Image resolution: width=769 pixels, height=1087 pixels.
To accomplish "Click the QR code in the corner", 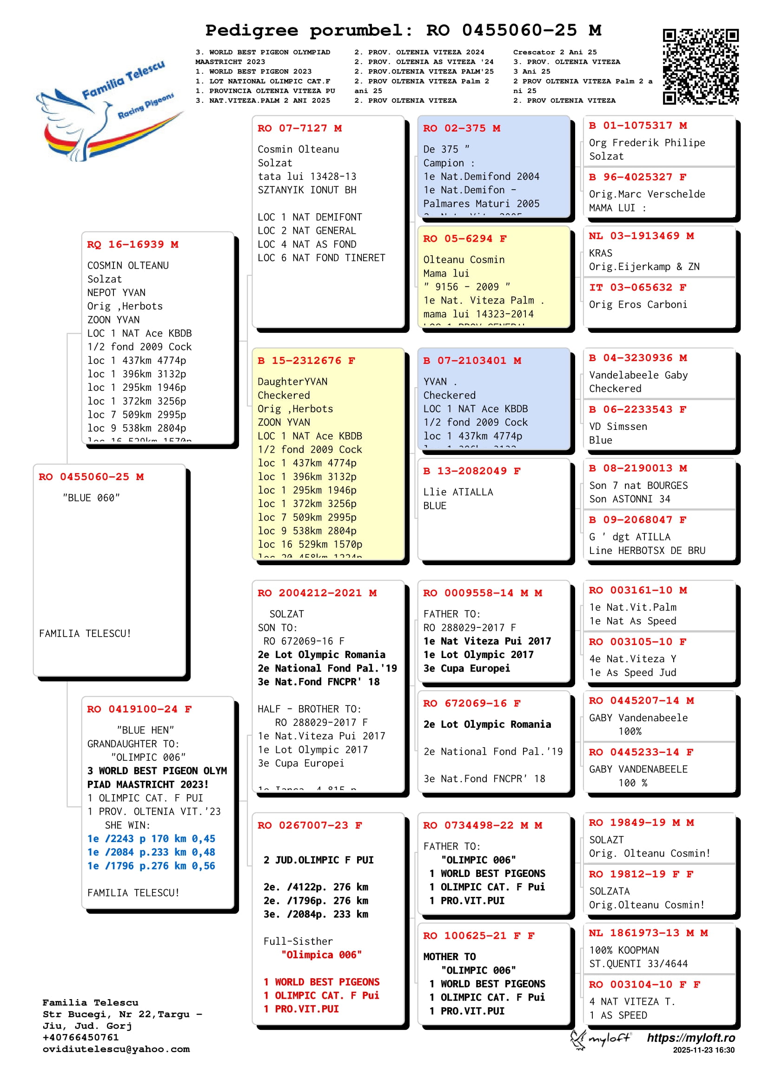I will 700,66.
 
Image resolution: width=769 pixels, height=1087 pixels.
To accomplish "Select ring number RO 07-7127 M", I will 299,128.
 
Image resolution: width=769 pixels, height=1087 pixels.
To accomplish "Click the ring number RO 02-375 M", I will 461,128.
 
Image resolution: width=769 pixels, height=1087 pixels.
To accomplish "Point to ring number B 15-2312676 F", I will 306,361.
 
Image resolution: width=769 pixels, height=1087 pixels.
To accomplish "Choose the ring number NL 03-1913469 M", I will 641,236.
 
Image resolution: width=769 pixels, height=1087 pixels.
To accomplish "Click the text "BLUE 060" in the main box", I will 91,498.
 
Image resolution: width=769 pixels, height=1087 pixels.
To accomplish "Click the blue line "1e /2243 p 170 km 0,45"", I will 151,839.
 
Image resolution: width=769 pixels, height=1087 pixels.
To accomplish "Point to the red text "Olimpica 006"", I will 322,955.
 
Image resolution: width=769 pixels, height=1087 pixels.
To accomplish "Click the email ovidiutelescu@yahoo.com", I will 116,1049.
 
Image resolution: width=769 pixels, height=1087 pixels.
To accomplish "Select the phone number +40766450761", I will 80,1037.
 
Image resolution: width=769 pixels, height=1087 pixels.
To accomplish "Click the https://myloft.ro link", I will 691,1038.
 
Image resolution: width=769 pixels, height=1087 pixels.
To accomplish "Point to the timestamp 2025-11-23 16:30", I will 703,1050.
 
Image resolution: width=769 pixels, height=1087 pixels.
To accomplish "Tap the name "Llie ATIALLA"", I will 458,492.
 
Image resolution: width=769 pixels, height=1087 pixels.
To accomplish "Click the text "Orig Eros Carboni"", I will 638,305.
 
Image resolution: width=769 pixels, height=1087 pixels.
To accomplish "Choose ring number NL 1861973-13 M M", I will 648,933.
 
